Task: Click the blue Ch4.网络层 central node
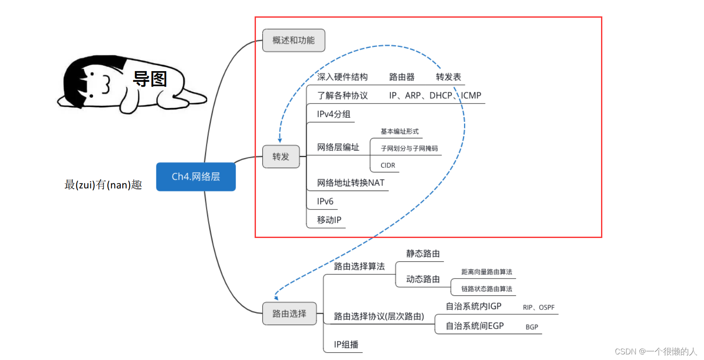tap(196, 177)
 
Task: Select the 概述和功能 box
tap(293, 41)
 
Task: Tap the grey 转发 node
tap(280, 157)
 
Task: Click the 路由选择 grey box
tap(289, 313)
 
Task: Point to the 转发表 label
tap(448, 77)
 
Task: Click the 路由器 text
tap(402, 77)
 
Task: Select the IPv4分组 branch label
tap(333, 114)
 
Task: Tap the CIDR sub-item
tap(388, 166)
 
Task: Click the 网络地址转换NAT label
tap(350, 183)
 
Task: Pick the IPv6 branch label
tap(325, 201)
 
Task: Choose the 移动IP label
tap(329, 220)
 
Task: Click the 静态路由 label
tap(423, 254)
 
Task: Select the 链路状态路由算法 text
tap(486, 289)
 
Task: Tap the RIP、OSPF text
tap(539, 307)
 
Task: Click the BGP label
tap(532, 327)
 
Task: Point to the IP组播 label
tap(346, 344)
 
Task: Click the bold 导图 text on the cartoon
tap(150, 79)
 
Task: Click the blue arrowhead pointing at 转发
tap(280, 140)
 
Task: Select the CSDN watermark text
tap(655, 351)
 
